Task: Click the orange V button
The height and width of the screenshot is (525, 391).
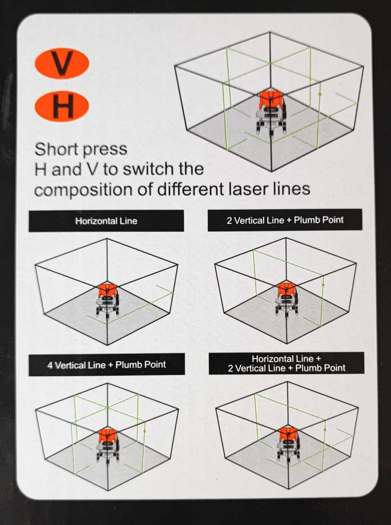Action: coord(62,63)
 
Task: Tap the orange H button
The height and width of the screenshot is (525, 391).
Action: coord(62,106)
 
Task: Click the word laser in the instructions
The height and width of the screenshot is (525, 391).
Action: coord(249,188)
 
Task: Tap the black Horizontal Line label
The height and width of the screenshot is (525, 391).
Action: coord(106,221)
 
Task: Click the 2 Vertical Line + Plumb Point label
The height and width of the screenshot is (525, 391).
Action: coord(285,220)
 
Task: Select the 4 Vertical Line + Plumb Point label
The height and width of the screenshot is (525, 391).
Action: coord(106,364)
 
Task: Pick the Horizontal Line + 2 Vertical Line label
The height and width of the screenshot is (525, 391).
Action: coord(287,363)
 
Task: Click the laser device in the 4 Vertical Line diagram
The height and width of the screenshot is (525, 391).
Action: coord(108,446)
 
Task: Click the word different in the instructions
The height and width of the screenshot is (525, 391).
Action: coord(191,188)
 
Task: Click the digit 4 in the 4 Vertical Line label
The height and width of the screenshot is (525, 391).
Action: coord(50,365)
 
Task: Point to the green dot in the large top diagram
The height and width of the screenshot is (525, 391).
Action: coord(320,94)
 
